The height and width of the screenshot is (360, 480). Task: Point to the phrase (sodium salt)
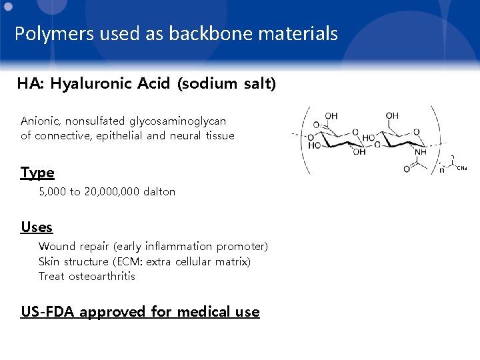pyautogui.click(x=227, y=84)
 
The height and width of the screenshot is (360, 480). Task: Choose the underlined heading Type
pyautogui.click(x=37, y=173)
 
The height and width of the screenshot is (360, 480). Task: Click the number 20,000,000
pyautogui.click(x=112, y=192)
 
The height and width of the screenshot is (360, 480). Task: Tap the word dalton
pyautogui.click(x=159, y=192)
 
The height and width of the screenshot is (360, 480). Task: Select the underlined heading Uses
pyautogui.click(x=37, y=227)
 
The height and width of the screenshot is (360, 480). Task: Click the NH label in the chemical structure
pyautogui.click(x=421, y=153)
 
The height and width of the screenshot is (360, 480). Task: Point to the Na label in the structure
pyautogui.click(x=463, y=168)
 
